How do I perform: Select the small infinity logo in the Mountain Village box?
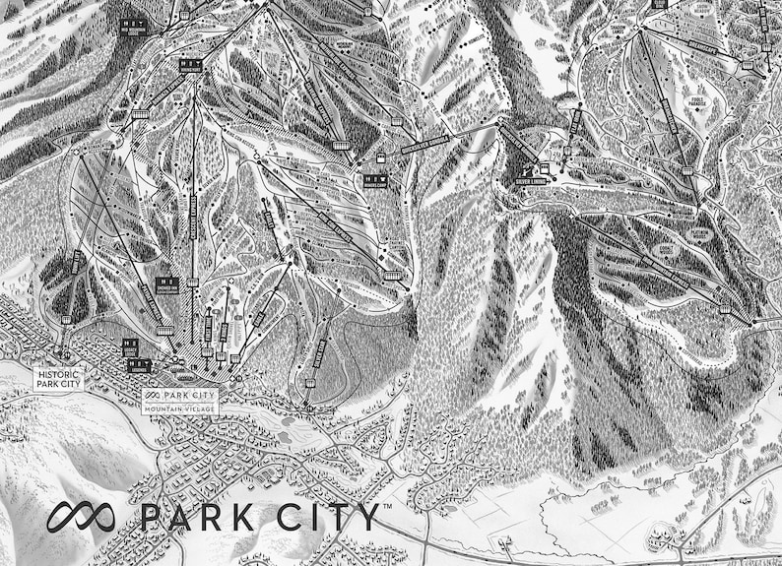151,395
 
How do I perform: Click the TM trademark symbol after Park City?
386,505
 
